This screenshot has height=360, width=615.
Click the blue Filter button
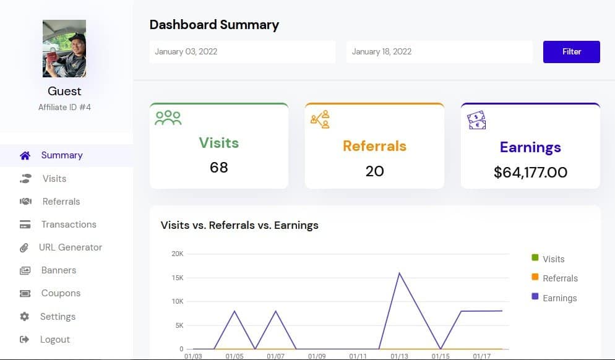(x=571, y=52)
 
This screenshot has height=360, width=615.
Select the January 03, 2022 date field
(x=242, y=52)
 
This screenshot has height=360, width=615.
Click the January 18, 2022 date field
(x=439, y=52)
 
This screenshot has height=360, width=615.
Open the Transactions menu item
(x=69, y=225)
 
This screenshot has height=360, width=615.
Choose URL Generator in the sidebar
(x=70, y=247)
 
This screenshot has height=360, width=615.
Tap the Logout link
(x=54, y=340)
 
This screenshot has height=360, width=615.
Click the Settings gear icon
(x=25, y=317)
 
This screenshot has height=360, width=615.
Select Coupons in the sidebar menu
(x=61, y=293)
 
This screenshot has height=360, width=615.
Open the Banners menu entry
(x=58, y=270)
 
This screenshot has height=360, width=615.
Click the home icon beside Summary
(x=25, y=155)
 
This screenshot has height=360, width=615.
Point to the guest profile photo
(x=64, y=49)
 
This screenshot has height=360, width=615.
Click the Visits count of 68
(x=219, y=168)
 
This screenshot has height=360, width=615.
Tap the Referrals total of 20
(x=374, y=171)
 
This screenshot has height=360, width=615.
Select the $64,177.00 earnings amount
(x=530, y=173)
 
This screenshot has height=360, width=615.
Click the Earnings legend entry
(x=559, y=298)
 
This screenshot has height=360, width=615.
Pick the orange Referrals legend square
(x=535, y=278)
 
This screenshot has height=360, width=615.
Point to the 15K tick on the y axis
(x=177, y=278)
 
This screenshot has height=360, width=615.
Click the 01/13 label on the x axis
(x=399, y=356)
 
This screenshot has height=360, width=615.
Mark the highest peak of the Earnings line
(x=400, y=273)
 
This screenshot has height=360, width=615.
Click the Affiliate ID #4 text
(x=64, y=107)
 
